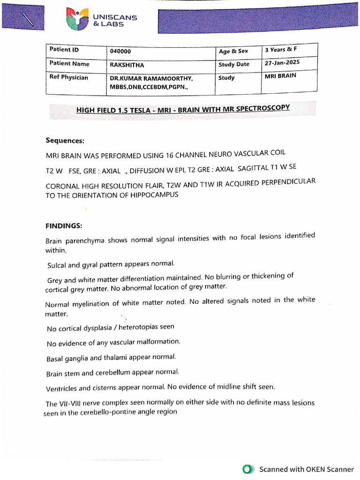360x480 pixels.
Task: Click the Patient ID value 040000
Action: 120,51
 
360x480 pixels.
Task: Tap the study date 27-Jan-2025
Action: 282,62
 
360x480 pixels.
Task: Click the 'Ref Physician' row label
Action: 68,77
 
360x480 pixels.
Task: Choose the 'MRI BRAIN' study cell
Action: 280,75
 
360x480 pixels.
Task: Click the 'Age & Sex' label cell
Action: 233,51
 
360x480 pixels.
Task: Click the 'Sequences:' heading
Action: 65,140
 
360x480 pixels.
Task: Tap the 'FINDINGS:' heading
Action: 64,225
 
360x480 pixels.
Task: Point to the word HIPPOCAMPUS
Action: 154,195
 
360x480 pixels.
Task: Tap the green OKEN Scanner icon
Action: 248,469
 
